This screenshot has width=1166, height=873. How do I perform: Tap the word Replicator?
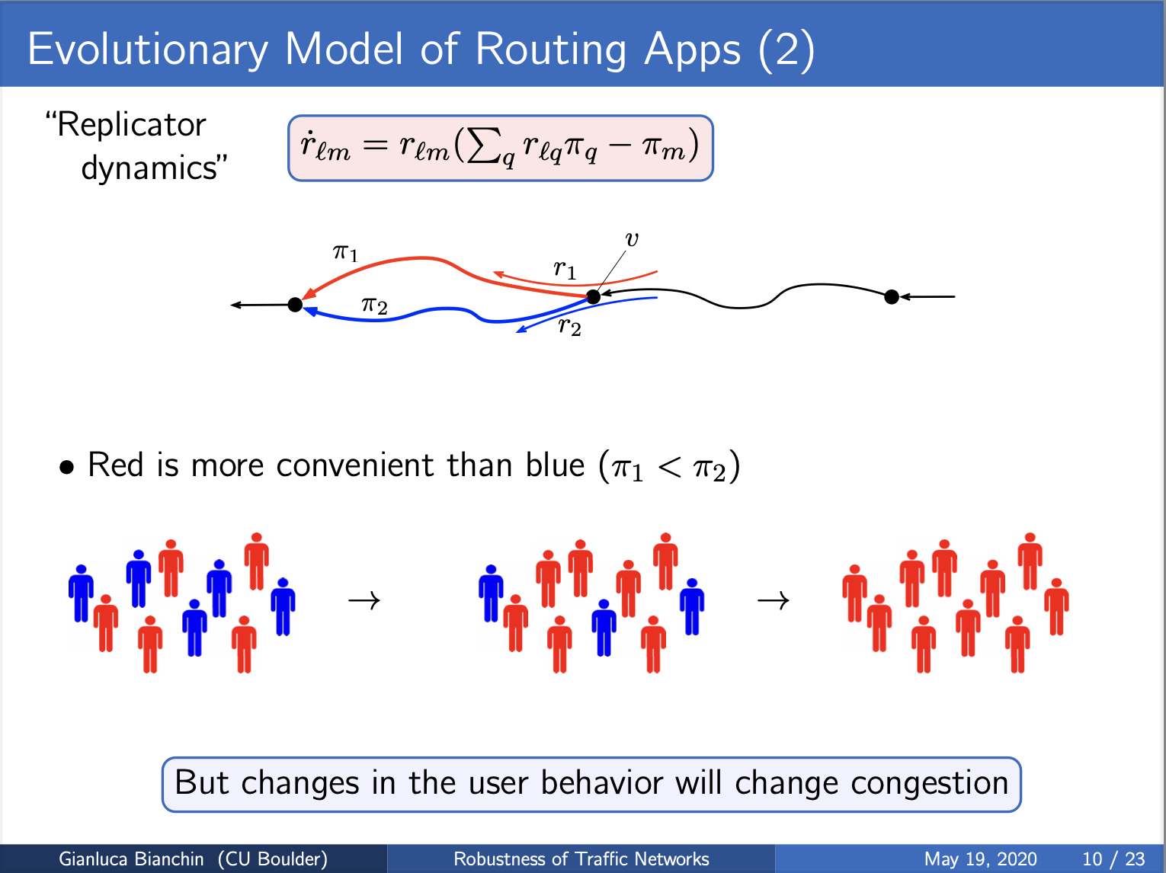(131, 126)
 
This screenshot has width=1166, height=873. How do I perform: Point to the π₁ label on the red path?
(346, 252)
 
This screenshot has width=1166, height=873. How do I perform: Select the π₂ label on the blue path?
(374, 305)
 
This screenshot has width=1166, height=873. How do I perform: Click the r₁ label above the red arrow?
(565, 269)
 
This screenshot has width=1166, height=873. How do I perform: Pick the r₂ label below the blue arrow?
(570, 325)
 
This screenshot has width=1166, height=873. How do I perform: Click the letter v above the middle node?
(632, 239)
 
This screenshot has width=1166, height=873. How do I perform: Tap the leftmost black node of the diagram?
(295, 305)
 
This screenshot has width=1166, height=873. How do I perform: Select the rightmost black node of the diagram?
(892, 297)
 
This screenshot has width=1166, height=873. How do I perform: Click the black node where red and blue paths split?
(594, 297)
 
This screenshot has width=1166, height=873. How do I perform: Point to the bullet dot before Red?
(66, 467)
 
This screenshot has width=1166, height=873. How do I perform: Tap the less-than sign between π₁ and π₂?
(669, 467)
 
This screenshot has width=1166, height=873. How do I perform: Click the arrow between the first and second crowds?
(364, 600)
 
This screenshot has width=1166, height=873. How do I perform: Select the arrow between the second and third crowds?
(774, 600)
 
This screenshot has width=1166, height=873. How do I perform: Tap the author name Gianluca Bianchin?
(131, 859)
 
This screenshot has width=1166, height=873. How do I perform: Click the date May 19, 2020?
(981, 859)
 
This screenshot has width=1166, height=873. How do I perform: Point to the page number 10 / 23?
(1113, 859)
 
